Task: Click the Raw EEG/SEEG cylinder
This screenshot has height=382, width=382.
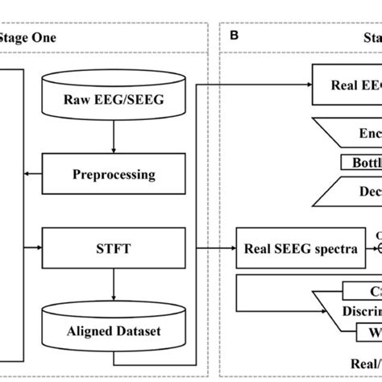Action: click(x=114, y=100)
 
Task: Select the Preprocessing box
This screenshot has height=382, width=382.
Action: click(x=114, y=173)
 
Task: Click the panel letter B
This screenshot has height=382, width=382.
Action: click(x=234, y=35)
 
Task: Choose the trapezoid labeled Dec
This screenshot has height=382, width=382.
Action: click(x=355, y=192)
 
